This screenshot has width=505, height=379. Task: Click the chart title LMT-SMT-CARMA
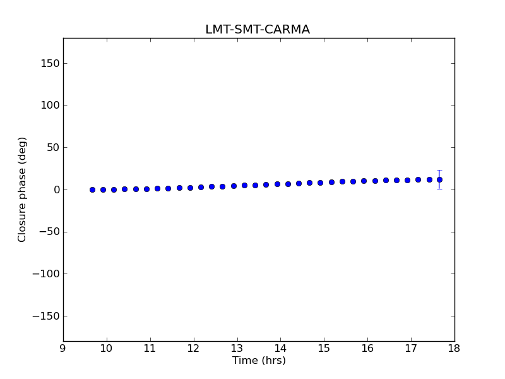[258, 30]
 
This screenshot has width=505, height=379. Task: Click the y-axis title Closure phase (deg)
[23, 189]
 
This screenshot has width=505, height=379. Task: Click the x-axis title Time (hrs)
[259, 361]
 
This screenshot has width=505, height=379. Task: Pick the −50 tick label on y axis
[48, 232]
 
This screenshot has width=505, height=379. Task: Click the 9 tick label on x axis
[63, 349]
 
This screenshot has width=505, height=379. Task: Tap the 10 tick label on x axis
[107, 349]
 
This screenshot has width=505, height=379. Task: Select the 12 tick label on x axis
[194, 349]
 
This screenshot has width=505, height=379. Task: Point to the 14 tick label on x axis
[280, 349]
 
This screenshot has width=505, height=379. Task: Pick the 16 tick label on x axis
[367, 349]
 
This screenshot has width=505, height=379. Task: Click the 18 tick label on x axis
[454, 349]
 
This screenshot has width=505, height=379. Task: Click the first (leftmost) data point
[92, 189]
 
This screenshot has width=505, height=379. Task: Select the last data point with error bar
[439, 179]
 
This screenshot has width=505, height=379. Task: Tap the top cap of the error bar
[439, 171]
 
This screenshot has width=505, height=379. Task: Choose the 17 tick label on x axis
[411, 349]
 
